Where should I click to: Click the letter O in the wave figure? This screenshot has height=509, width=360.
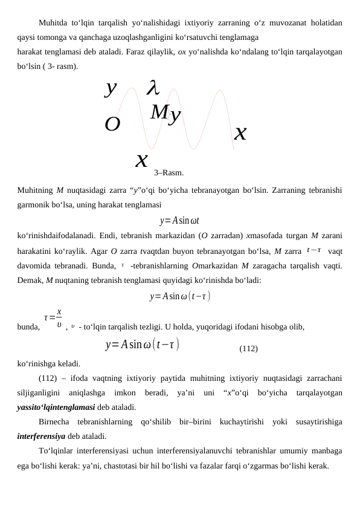pyautogui.click(x=112, y=125)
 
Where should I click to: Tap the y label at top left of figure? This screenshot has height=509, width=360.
pyautogui.click(x=110, y=88)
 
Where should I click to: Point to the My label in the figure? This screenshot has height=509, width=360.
pyautogui.click(x=166, y=113)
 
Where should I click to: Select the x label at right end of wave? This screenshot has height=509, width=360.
pyautogui.click(x=240, y=132)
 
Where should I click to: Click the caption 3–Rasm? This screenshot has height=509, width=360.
pyautogui.click(x=169, y=173)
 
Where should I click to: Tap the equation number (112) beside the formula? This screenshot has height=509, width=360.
pyautogui.click(x=248, y=349)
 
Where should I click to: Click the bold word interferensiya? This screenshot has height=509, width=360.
pyautogui.click(x=41, y=436)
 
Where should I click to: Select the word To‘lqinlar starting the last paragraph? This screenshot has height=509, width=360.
pyautogui.click(x=58, y=450)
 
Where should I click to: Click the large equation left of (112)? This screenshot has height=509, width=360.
pyautogui.click(x=142, y=345)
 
